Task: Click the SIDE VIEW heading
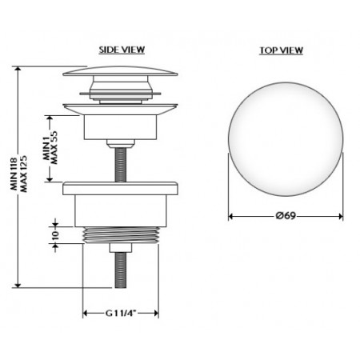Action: (x=122, y=50)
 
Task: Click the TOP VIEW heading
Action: (x=282, y=50)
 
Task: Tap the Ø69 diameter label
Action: (x=286, y=215)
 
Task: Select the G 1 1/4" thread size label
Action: (x=121, y=313)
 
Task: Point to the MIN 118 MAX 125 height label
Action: (x=19, y=174)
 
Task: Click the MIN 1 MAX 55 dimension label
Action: (x=50, y=147)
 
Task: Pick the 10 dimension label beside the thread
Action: (x=55, y=234)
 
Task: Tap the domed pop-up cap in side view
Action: (x=120, y=71)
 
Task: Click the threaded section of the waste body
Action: (x=121, y=235)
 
